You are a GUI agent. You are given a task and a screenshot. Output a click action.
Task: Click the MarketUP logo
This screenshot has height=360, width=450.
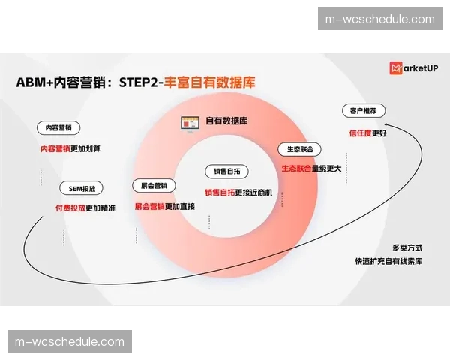click(413, 68)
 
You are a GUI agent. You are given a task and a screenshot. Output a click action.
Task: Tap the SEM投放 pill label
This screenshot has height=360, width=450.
click(82, 189)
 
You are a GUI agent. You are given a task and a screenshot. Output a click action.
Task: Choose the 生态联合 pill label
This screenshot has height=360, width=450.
click(300, 149)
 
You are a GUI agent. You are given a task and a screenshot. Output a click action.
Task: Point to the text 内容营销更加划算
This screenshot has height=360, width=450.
click(70, 148)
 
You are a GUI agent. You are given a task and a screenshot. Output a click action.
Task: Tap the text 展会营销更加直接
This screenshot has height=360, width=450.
click(164, 206)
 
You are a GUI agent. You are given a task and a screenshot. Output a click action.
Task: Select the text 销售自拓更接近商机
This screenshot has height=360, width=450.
click(239, 191)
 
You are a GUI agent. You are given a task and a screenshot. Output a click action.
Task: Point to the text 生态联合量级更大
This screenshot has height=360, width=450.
click(311, 169)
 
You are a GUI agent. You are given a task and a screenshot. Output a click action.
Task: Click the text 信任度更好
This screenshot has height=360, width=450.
click(367, 133)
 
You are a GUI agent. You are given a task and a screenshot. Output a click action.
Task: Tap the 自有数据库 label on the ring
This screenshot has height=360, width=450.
click(226, 121)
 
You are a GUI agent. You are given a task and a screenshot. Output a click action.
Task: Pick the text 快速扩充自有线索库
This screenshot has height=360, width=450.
click(388, 262)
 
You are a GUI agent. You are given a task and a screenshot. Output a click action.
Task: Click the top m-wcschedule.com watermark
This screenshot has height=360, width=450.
click(376, 19)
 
